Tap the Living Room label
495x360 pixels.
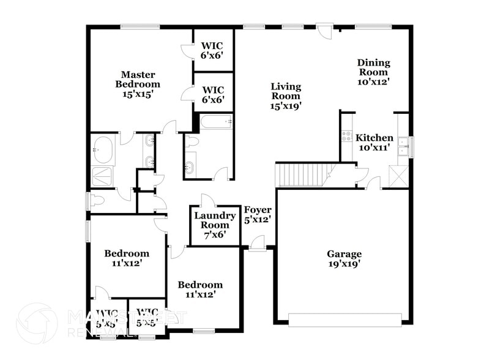click(286, 91)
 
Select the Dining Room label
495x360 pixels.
click(374, 67)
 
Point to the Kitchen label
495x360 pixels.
click(374, 138)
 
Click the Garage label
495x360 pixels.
click(344, 254)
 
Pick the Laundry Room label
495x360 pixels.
click(215, 220)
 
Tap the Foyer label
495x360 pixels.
click(258, 210)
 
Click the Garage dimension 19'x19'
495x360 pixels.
click(344, 264)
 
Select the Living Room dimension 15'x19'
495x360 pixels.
click(286, 105)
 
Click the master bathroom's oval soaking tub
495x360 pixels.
click(102, 149)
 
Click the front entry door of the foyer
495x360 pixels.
click(257, 245)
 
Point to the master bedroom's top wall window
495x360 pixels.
click(140, 26)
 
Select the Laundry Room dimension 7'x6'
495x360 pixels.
click(215, 234)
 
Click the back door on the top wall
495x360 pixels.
click(325, 28)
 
